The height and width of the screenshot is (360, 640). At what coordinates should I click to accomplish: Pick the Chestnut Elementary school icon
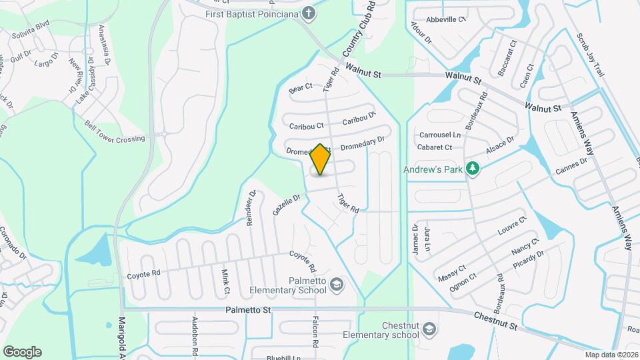[x=430, y=329]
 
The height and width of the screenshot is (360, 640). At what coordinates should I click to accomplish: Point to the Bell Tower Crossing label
[x=115, y=132]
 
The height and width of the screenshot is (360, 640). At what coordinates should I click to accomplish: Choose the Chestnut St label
[x=495, y=321]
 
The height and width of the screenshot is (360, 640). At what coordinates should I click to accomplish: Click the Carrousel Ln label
[x=440, y=135]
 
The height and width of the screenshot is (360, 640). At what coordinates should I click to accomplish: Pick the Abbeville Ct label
[x=446, y=19]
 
